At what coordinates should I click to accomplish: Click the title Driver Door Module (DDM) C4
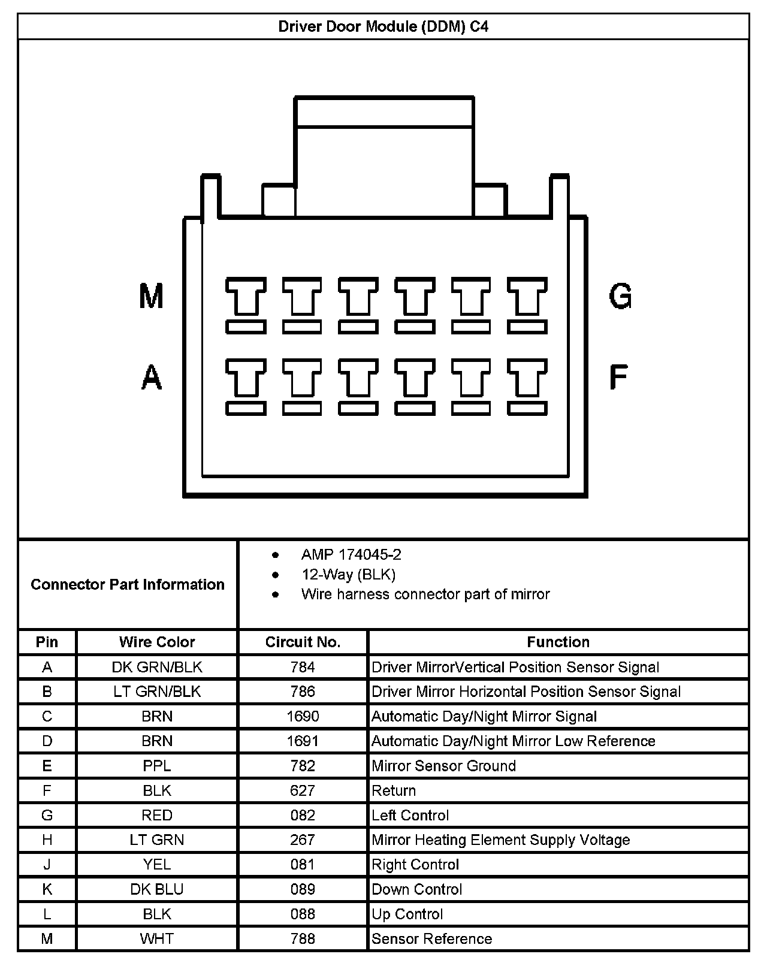(x=383, y=27)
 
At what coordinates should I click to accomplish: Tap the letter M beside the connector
(x=151, y=295)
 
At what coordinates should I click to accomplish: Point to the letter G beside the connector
(x=620, y=295)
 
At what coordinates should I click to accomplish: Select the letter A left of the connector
(x=152, y=378)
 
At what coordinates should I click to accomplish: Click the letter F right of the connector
(x=618, y=378)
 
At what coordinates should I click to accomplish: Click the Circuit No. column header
(x=303, y=642)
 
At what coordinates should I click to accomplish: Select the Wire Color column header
(x=157, y=642)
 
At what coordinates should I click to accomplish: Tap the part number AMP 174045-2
(x=351, y=555)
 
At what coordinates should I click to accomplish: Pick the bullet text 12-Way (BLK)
(x=348, y=575)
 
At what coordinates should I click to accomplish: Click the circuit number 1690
(x=303, y=717)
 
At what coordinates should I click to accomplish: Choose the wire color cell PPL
(x=157, y=766)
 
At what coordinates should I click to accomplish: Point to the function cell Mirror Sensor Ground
(x=443, y=766)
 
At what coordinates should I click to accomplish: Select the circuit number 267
(x=303, y=840)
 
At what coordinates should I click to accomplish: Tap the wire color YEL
(x=157, y=865)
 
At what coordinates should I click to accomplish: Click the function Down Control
(x=416, y=889)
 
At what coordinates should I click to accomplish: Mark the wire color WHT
(x=157, y=938)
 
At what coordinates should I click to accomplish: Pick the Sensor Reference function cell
(x=431, y=938)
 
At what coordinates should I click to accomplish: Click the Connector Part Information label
(x=128, y=584)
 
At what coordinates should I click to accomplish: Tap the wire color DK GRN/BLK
(x=157, y=668)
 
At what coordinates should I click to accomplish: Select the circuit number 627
(x=303, y=791)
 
